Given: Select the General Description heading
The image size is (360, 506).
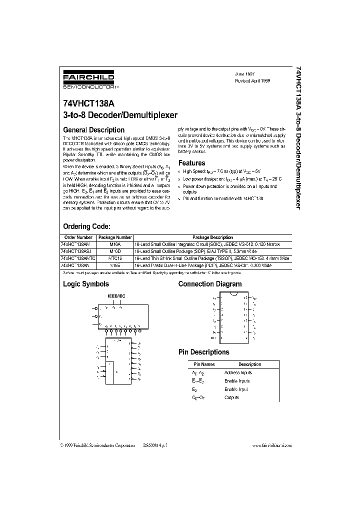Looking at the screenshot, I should [x=93, y=130].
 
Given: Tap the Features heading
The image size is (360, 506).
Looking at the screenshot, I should [x=192, y=163].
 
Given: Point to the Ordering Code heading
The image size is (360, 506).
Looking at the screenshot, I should [x=90, y=226].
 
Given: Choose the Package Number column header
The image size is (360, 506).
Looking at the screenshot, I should [x=115, y=237].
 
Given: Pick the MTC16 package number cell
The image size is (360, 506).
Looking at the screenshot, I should [x=115, y=258].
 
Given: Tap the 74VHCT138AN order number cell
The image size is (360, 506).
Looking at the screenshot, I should [x=76, y=265].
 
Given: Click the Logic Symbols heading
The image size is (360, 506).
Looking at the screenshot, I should [x=85, y=284].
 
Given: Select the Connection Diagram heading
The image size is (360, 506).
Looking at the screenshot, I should [x=210, y=284].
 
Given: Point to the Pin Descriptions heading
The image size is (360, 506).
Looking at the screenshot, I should [x=204, y=352].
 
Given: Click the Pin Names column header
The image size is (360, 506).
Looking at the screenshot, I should [x=204, y=364].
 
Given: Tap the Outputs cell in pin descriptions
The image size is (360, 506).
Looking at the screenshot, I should [x=232, y=397].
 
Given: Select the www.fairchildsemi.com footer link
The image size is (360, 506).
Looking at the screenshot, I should [x=272, y=445].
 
